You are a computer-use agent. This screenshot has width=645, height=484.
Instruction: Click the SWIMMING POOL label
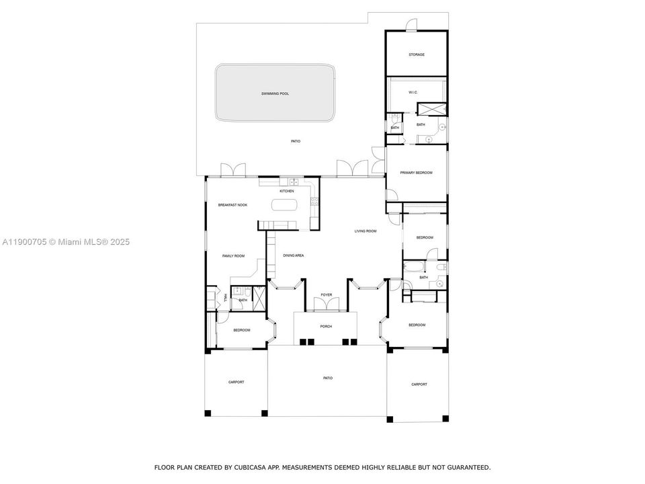coord(275,93)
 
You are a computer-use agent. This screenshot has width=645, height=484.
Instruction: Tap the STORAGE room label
coord(417,54)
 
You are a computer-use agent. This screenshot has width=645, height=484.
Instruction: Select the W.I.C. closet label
coord(413,92)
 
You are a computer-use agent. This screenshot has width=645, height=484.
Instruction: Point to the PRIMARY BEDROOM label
coord(416,173)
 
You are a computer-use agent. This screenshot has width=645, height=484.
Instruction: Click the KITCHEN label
coord(287,191)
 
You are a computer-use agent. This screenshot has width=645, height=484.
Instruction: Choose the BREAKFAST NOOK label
coord(232,204)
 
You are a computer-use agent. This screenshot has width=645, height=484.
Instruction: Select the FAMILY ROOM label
coord(233,255)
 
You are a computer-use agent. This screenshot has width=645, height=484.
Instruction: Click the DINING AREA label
coord(294,255)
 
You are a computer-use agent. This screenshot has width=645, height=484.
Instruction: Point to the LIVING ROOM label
coord(365,231)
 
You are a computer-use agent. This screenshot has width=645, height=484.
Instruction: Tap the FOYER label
coord(327,294)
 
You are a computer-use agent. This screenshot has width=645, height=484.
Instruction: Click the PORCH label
coord(326,326)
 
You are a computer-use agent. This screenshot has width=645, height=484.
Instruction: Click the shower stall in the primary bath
coord(427,110)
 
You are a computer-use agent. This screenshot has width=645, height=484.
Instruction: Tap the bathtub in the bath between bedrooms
coord(412,268)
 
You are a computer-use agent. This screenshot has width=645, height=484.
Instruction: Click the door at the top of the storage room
coord(411,26)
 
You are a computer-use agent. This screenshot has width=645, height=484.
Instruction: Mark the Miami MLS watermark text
coord(66,242)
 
